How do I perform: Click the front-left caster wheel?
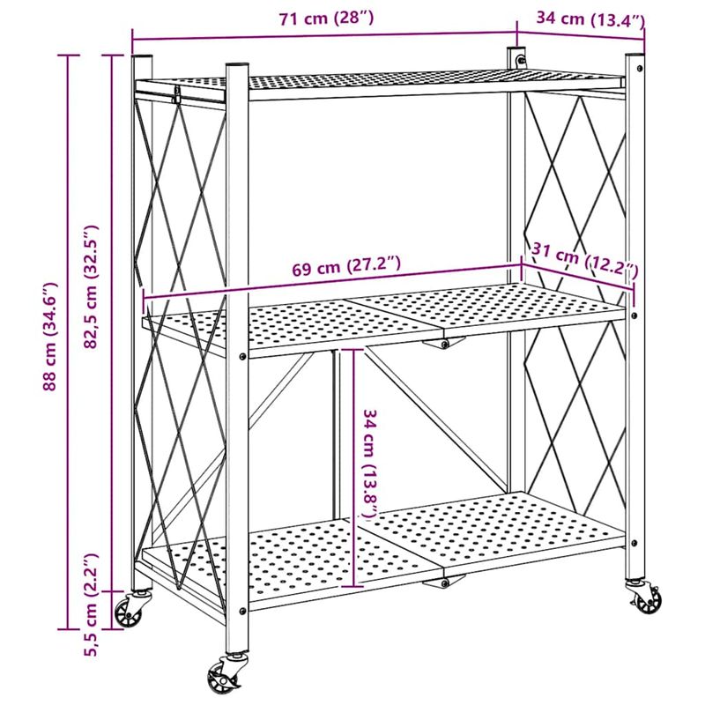[130, 611]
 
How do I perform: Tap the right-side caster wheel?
[645, 599]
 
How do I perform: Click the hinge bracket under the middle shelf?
[443, 342]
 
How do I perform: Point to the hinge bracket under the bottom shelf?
[449, 581]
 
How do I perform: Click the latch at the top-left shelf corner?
[178, 94]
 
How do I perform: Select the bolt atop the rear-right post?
[520, 59]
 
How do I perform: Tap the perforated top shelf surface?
[397, 81]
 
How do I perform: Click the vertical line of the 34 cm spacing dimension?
[352, 467]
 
